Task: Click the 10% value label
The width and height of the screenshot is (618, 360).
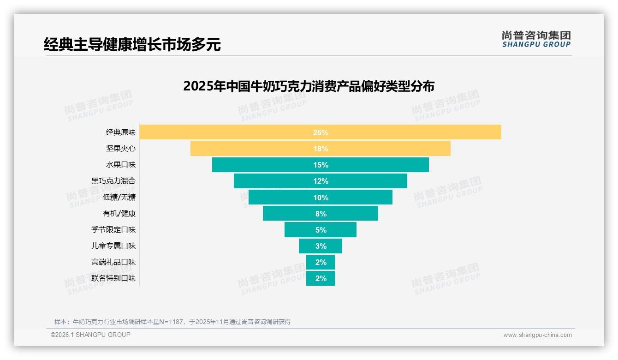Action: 321,198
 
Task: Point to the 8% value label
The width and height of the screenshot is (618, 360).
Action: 321,214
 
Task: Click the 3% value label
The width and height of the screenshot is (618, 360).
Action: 321,246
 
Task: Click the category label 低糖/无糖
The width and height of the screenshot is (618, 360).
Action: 119,198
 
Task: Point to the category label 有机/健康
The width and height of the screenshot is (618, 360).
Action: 119,214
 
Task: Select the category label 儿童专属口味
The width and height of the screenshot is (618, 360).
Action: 113,246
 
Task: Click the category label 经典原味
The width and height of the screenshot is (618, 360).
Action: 121,132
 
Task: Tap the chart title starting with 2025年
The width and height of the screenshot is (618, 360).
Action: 309,86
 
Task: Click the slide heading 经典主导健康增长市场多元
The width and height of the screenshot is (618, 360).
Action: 132,45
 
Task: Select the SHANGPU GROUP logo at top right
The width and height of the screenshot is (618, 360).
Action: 536,39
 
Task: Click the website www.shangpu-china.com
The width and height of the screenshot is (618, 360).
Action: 537,335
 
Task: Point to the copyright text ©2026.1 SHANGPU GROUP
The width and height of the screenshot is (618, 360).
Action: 90,335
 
